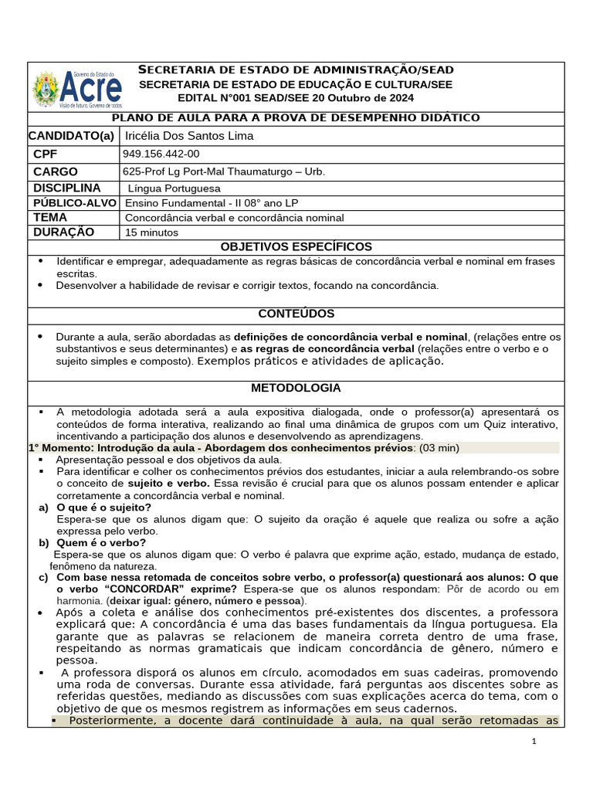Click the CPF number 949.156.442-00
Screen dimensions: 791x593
point(161,154)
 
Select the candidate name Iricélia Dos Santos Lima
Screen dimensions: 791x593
point(189,136)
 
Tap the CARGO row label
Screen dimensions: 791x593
point(56,171)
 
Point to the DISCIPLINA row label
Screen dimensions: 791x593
point(67,188)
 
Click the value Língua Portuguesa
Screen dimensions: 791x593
point(175,188)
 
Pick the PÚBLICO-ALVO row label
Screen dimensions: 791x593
point(74,202)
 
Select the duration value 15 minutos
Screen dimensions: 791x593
point(151,233)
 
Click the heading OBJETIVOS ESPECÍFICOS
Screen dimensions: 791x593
point(296,247)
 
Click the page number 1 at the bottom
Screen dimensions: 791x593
point(534,742)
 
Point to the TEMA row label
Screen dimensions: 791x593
point(50,218)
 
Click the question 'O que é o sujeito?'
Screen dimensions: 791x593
point(103,507)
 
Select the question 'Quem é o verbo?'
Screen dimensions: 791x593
point(101,542)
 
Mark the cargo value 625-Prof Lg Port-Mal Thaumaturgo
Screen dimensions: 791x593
point(224,171)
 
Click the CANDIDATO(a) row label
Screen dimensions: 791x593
point(71,136)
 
